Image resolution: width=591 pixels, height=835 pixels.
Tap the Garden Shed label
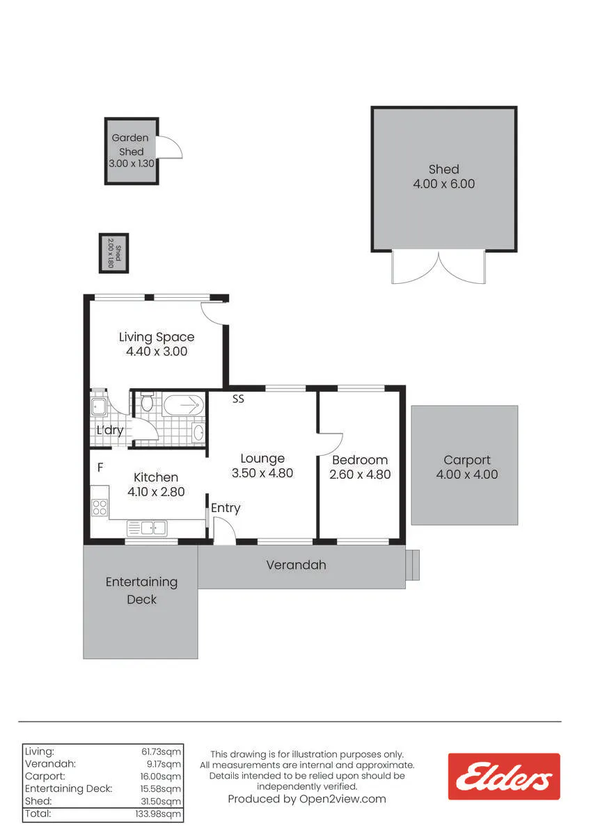click(130, 145)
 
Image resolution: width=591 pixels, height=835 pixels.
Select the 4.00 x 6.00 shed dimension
click(443, 184)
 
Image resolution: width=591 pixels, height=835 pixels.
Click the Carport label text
click(467, 460)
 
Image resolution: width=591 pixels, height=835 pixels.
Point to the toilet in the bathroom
click(147, 401)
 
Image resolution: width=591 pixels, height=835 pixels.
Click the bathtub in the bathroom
click(184, 404)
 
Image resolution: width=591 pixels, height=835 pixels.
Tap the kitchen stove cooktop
click(100, 507)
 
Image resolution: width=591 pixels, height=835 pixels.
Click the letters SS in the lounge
click(238, 399)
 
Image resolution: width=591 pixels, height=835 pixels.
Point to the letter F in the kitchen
click(100, 467)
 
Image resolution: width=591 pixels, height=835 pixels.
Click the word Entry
click(226, 508)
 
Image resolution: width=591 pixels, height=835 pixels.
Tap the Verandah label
click(296, 565)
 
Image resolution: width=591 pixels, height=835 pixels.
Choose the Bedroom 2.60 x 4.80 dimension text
click(360, 474)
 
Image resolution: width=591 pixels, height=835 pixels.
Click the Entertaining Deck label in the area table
click(69, 789)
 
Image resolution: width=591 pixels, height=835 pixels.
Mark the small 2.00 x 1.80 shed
click(113, 253)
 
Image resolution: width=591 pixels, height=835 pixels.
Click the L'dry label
click(110, 430)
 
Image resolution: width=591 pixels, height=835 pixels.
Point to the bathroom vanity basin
click(198, 432)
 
